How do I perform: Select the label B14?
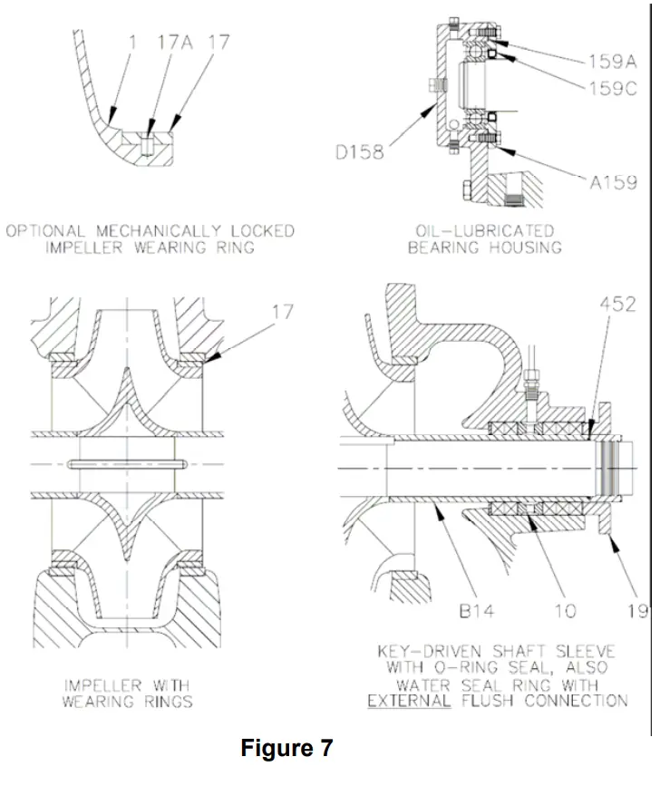[x=476, y=610]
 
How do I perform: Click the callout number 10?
[x=565, y=610]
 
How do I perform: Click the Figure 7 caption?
[x=286, y=749]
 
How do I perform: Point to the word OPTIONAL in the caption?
[x=44, y=230]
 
